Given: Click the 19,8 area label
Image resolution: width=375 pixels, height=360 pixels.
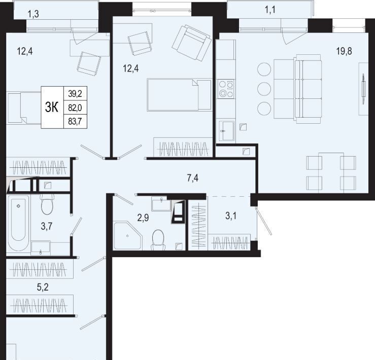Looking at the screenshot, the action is point(344,51).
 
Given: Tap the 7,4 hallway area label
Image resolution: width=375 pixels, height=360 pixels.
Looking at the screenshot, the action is point(192,178).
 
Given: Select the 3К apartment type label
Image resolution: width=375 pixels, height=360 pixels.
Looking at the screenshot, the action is point(52,107).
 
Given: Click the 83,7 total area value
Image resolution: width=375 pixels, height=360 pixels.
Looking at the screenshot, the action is point(75,122).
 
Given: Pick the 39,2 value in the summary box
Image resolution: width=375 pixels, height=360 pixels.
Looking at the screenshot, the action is point(75,94).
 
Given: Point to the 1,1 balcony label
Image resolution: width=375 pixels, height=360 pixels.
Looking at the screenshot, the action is point(270,10).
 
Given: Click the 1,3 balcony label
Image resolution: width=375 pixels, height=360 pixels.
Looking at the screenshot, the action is point(33,14).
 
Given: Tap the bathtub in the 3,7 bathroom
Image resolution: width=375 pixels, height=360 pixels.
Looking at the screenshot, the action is point(18,224).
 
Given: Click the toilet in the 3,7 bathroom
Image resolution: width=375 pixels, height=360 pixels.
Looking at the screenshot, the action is point(47,204).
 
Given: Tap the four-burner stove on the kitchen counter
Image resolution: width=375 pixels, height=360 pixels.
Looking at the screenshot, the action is point(226,89).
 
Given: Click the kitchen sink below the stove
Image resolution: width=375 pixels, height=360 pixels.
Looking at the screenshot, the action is point(226,130).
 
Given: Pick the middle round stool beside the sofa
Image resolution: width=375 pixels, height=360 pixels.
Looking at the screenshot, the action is point(264,89).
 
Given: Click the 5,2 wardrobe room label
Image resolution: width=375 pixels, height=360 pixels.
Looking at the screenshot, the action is point(43,287).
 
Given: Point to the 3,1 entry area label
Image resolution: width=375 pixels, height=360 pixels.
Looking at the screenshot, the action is point(231,216).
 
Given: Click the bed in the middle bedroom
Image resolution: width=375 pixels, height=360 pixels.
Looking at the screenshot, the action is point(179,95).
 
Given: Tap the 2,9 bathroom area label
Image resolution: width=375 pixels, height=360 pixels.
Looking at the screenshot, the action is point(143,218).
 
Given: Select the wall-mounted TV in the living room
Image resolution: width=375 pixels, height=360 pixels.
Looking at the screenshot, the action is point(363,89).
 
